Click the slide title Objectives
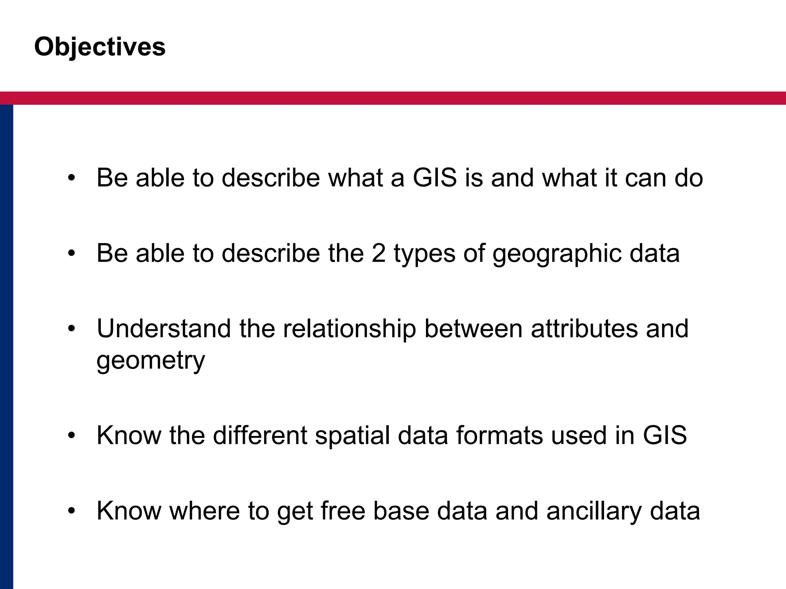[x=100, y=47]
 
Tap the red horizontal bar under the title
[x=393, y=98]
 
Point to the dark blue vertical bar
[x=7, y=345]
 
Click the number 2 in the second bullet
[x=378, y=253]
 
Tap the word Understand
[x=164, y=329]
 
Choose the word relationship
[x=349, y=329]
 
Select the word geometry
[x=151, y=361]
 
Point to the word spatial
[x=352, y=436]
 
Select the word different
[x=260, y=435]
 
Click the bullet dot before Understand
[x=71, y=329]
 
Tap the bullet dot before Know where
[x=71, y=511]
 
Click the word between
[x=473, y=329]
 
